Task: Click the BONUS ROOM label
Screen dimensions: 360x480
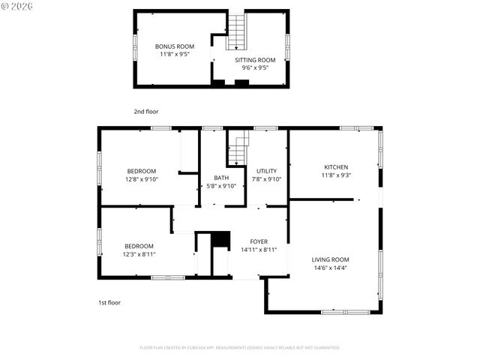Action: click(x=175, y=46)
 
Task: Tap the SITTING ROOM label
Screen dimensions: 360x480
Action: click(x=255, y=60)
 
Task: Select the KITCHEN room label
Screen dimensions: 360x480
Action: click(x=335, y=167)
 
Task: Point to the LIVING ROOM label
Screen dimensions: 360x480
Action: click(x=330, y=259)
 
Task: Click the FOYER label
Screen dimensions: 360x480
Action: click(x=259, y=241)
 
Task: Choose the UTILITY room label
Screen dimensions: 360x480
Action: click(x=266, y=171)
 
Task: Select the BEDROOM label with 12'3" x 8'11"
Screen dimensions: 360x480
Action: click(x=139, y=246)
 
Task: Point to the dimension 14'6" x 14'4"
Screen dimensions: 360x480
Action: click(x=330, y=268)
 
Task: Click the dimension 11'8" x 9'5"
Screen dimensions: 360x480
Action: click(x=175, y=54)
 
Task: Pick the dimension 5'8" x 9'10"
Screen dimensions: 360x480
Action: click(x=220, y=186)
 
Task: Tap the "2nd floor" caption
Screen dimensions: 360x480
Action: click(x=146, y=112)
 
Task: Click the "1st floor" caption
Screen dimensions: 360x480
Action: click(x=109, y=302)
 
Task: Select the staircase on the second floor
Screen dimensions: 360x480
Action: click(x=236, y=31)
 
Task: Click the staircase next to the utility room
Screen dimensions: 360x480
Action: click(x=238, y=148)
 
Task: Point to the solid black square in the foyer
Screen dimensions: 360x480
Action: click(x=220, y=238)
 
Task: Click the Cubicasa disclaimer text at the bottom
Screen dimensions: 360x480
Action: click(x=240, y=348)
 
